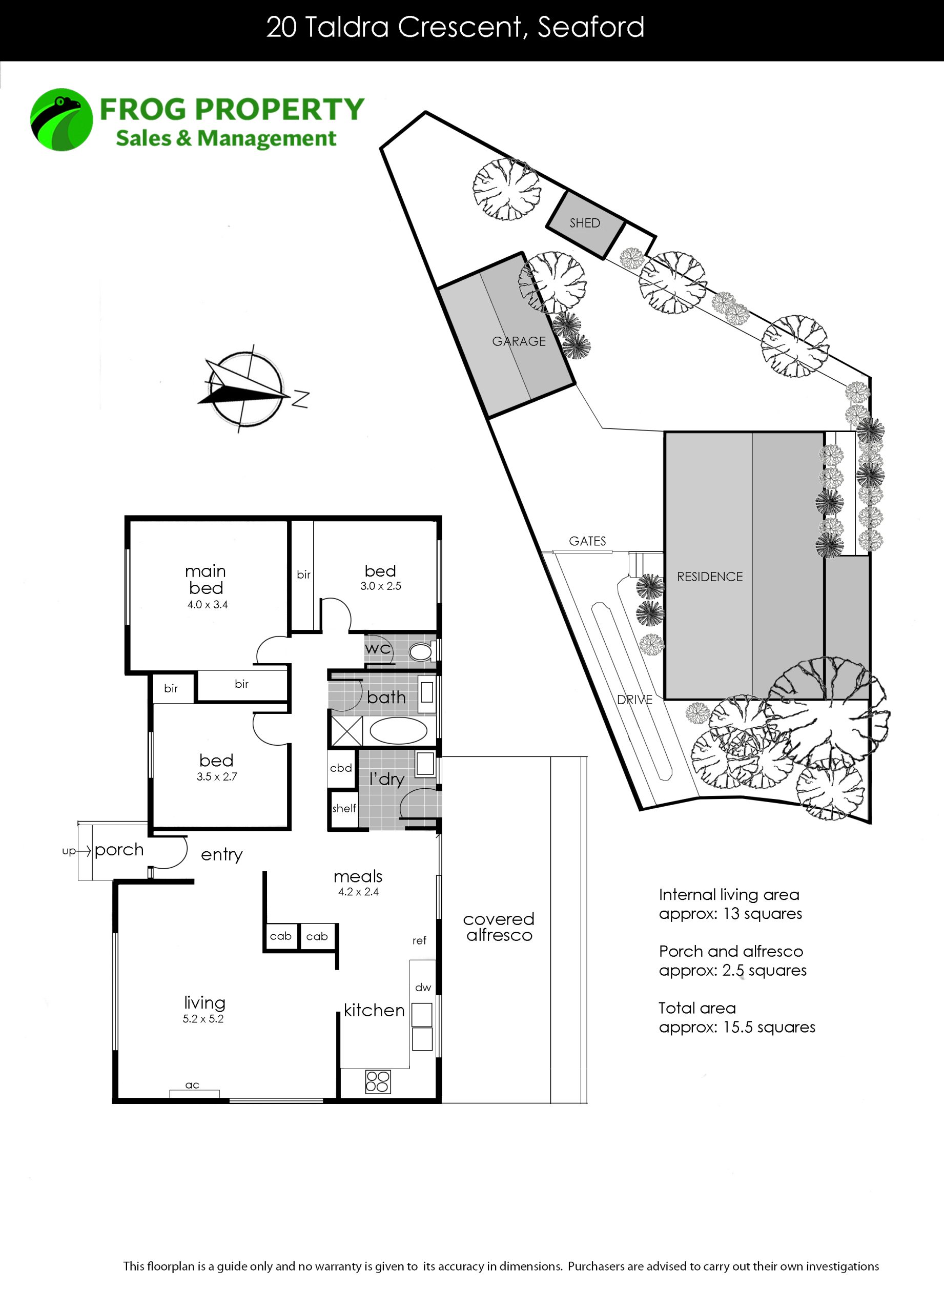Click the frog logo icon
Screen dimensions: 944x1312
tap(61, 120)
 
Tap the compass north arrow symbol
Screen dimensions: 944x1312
tap(249, 389)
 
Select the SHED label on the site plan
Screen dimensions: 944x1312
tap(585, 223)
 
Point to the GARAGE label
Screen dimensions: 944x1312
tap(519, 341)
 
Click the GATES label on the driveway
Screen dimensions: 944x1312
tap(587, 541)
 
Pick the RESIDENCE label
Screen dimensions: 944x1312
tap(710, 577)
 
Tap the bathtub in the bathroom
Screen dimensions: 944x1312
tap(398, 731)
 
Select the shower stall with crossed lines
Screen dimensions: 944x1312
tap(346, 731)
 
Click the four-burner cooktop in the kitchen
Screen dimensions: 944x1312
tap(378, 1081)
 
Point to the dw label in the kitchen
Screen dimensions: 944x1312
tap(423, 988)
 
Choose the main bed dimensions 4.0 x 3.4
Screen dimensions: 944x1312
tap(207, 605)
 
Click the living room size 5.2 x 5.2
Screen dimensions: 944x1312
tap(203, 1019)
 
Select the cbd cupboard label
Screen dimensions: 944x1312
tap(341, 768)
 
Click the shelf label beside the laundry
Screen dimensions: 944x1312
tap(344, 808)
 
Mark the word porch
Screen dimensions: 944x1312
tap(119, 850)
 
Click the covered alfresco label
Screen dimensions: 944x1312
tap(499, 927)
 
